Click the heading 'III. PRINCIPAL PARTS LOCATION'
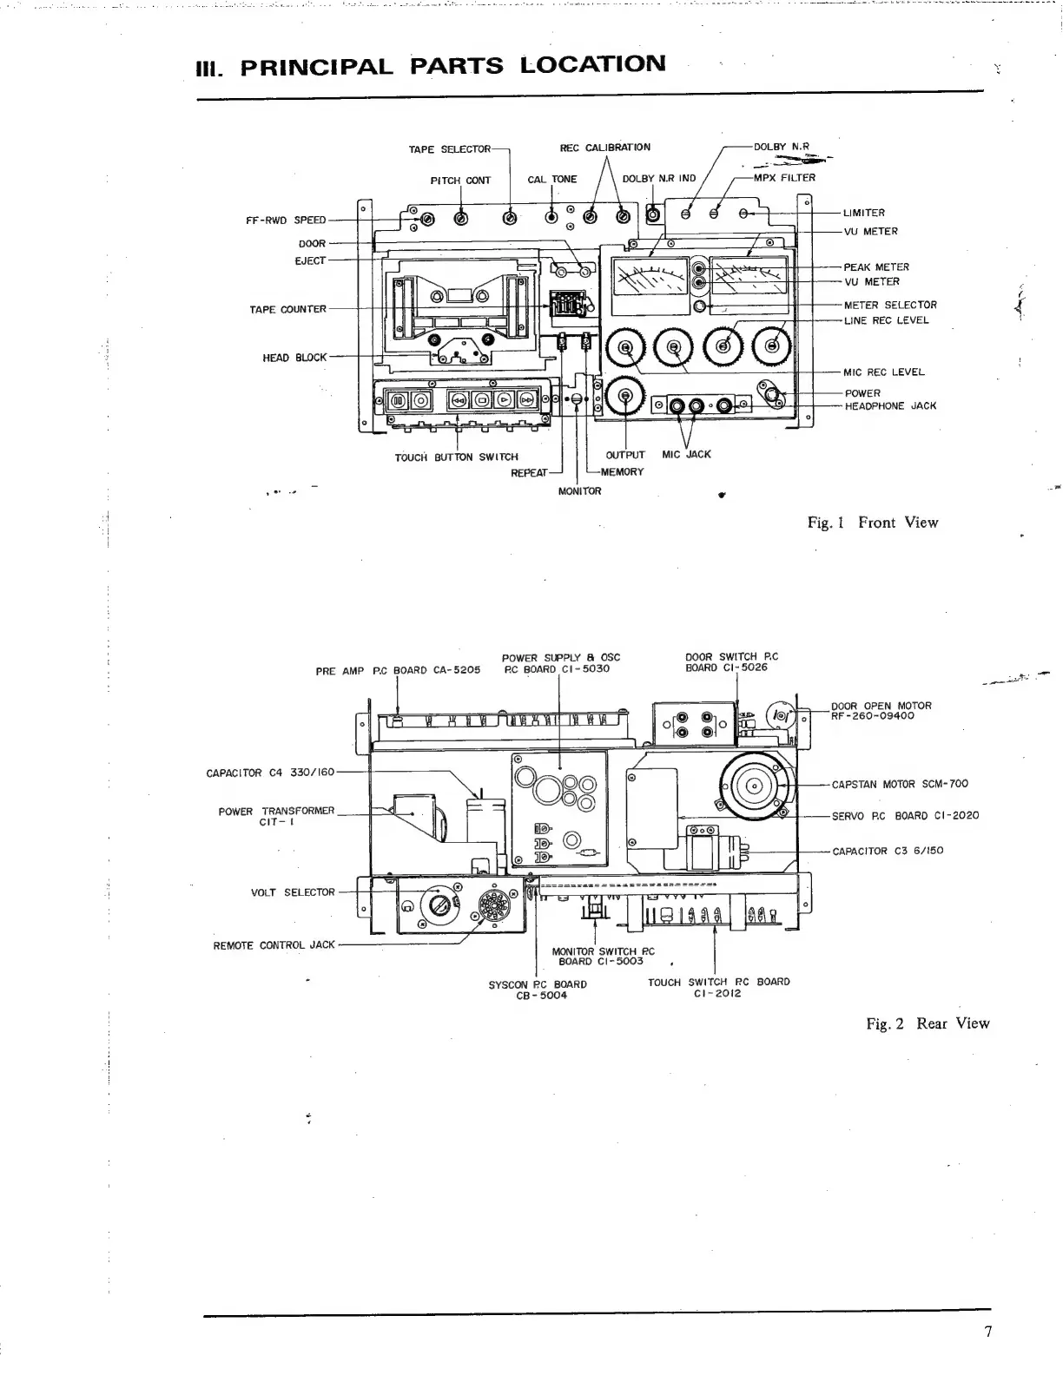(432, 65)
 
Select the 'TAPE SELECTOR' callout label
(449, 149)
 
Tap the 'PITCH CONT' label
(460, 181)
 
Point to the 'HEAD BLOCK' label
(294, 358)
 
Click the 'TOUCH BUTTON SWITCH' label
(456, 457)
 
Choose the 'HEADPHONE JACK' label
(890, 406)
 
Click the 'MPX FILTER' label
(784, 178)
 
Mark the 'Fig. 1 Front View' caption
(872, 522)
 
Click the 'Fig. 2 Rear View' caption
(928, 1023)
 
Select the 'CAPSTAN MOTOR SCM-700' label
(900, 784)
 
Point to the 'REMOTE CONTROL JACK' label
(274, 944)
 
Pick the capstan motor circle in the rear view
(754, 787)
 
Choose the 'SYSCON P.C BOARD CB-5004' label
(538, 990)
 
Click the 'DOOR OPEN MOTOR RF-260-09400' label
(881, 711)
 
